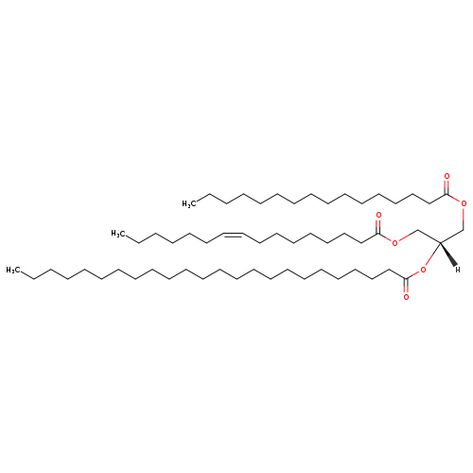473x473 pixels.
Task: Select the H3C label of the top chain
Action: click(x=188, y=204)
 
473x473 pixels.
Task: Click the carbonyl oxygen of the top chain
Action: click(x=447, y=176)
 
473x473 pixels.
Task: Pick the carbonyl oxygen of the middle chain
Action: click(x=378, y=215)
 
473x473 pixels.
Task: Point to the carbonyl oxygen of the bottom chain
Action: click(x=406, y=297)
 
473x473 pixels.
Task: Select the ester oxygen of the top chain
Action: click(x=464, y=203)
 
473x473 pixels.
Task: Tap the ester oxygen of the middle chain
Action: click(x=394, y=243)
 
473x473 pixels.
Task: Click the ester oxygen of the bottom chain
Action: click(x=423, y=270)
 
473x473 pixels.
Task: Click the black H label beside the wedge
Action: click(x=458, y=270)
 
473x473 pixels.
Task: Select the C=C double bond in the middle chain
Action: click(x=234, y=234)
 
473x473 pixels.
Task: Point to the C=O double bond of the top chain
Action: click(x=447, y=187)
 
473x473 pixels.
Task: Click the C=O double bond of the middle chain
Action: click(x=378, y=226)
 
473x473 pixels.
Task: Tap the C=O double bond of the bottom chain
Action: click(x=406, y=286)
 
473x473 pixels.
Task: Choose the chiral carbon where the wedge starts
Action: click(x=440, y=243)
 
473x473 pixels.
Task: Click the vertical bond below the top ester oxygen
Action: click(x=464, y=219)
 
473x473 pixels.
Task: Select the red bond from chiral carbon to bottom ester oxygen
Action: click(x=432, y=254)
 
